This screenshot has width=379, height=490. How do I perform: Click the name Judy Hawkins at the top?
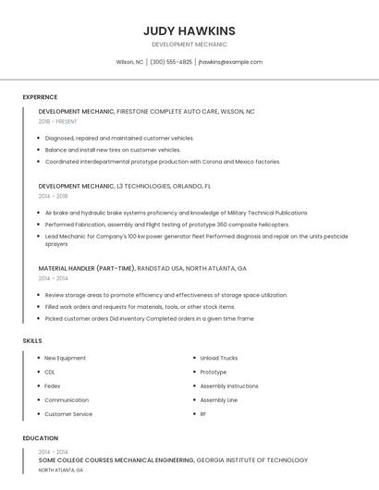(x=189, y=31)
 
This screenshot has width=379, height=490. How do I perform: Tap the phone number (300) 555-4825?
(x=171, y=62)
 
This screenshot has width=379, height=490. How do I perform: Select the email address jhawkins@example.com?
(x=230, y=62)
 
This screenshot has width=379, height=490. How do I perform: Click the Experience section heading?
(x=40, y=97)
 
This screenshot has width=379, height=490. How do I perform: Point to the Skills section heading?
(x=32, y=341)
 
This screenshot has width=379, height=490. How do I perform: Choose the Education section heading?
(x=40, y=438)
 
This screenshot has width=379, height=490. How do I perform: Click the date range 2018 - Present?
(x=57, y=121)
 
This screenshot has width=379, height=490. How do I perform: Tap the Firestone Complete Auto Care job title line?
(x=146, y=111)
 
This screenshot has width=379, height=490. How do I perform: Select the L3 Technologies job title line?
(x=125, y=186)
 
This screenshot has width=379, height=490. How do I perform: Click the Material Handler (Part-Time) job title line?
(x=142, y=268)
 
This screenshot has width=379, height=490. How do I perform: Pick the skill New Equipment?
(x=65, y=358)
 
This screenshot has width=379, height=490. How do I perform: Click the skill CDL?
(x=50, y=372)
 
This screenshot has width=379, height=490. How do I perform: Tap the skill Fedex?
(x=52, y=386)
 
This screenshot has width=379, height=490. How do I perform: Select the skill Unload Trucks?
(x=218, y=358)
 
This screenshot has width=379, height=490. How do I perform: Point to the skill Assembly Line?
(x=218, y=400)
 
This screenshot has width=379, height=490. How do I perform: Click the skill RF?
(x=203, y=414)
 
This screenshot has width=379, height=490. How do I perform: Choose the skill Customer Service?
(x=67, y=414)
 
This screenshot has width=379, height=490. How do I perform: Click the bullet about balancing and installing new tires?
(x=112, y=150)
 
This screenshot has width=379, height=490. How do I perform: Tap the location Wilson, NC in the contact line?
(x=129, y=62)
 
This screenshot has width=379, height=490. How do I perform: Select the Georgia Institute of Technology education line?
(x=173, y=459)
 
